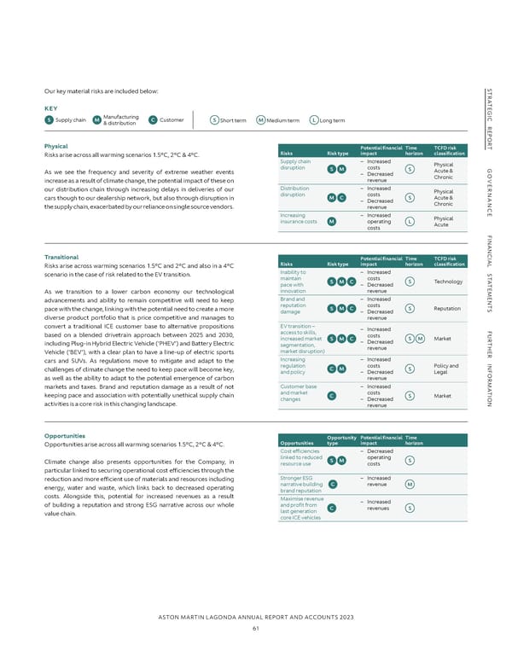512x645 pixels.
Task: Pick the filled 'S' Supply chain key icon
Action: click(48, 119)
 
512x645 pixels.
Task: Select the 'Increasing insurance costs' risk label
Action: click(298, 219)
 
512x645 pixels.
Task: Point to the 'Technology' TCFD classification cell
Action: click(448, 258)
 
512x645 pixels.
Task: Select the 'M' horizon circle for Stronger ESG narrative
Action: click(410, 485)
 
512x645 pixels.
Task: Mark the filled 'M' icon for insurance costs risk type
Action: click(330, 223)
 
